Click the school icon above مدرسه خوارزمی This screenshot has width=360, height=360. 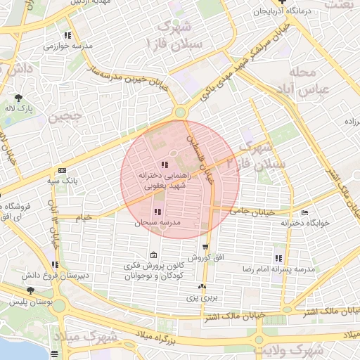67,34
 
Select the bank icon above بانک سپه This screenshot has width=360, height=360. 63,170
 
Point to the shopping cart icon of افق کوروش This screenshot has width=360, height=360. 205,247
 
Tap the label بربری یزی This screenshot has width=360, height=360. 202,298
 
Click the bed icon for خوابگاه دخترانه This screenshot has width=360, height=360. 304,212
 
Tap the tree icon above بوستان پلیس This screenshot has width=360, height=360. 30,290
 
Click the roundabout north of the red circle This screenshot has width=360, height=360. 181,111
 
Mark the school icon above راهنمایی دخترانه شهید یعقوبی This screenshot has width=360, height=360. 165,165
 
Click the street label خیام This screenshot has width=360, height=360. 84,218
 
